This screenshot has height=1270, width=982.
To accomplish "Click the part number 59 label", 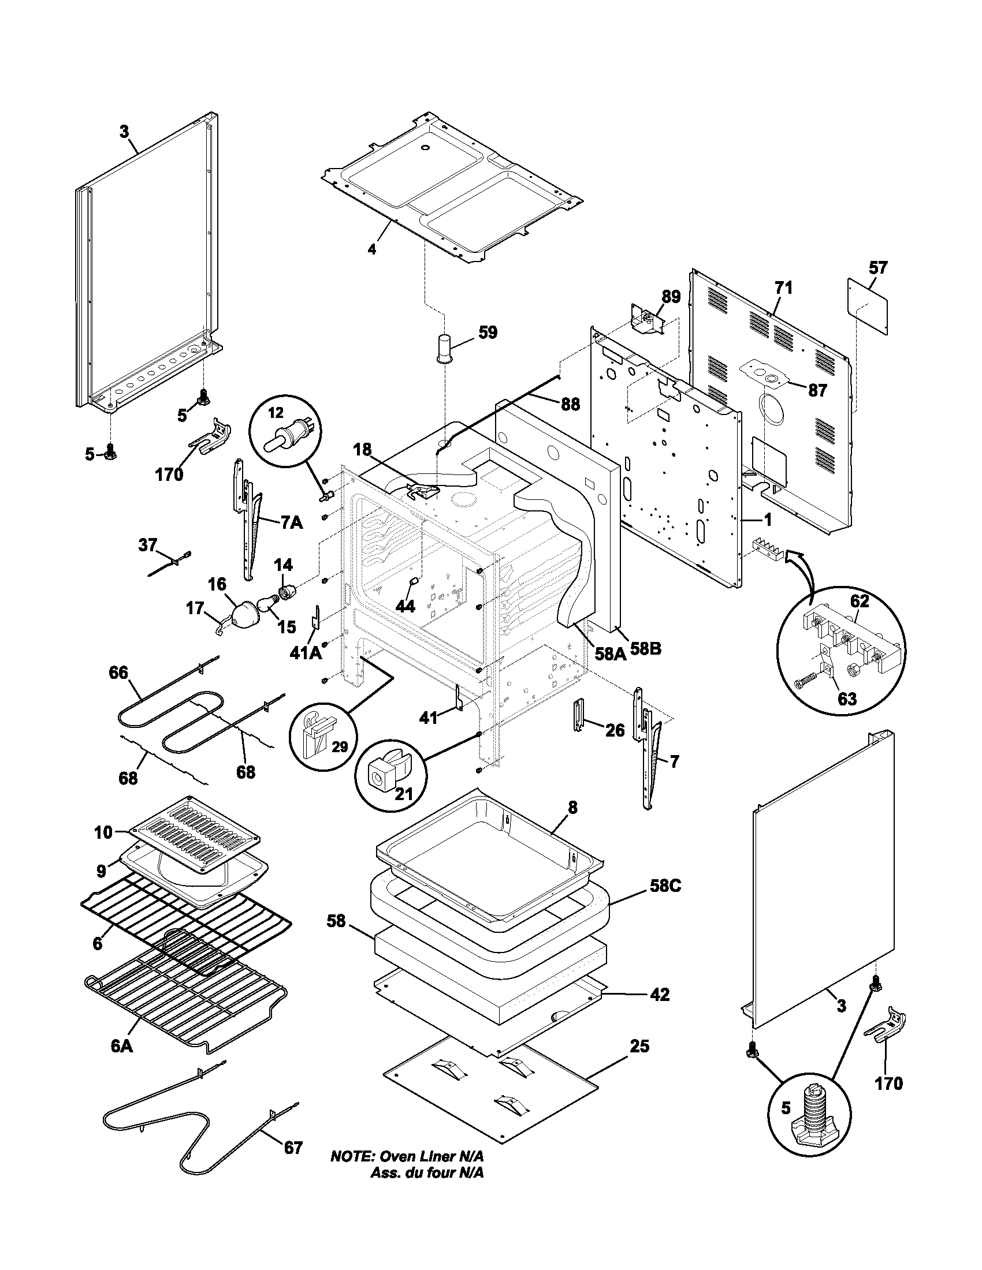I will pyautogui.click(x=488, y=333).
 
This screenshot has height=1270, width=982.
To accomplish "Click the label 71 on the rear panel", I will pyautogui.click(x=783, y=288).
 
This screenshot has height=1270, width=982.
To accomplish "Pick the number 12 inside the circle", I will pyautogui.click(x=275, y=413).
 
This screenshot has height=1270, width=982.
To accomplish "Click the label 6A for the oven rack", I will pyautogui.click(x=121, y=1046).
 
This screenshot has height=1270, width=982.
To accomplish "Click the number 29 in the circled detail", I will pyautogui.click(x=339, y=746).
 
